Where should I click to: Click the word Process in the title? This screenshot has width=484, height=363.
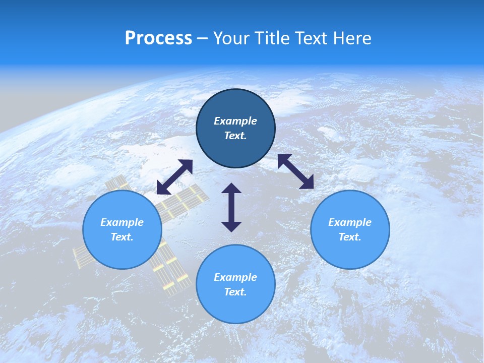coord(158,38)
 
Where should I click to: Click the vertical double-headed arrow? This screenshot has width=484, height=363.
coord(231,207)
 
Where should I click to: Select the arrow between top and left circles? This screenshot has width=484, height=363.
coord(174,177)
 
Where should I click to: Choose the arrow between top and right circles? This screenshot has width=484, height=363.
coord(296,171)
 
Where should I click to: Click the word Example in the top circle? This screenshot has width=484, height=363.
coord(235,121)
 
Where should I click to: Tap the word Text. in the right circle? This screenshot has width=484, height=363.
coord(350,237)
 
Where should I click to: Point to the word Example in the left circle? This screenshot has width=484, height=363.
coord(122,222)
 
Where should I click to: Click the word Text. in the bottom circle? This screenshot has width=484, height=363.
coord(235,292)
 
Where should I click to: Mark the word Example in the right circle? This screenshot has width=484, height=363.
coord(350,222)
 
